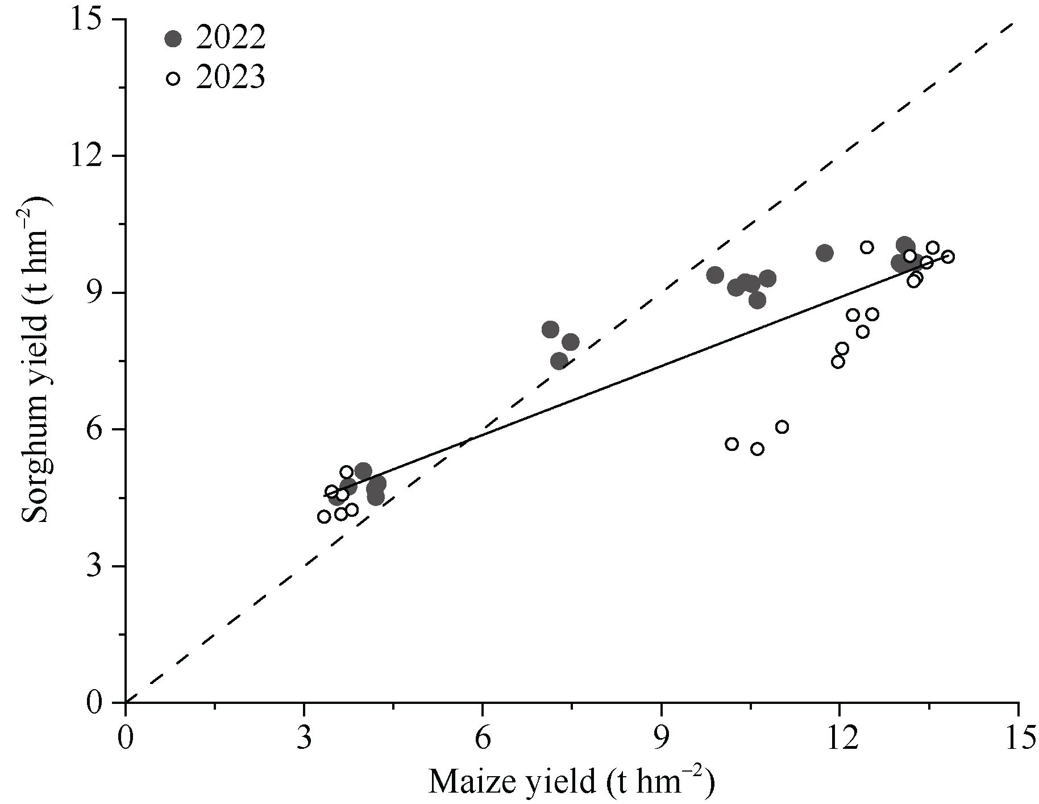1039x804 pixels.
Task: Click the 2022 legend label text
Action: (x=231, y=38)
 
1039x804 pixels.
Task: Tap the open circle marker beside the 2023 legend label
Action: (x=173, y=78)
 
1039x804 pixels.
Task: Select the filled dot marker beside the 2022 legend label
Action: (x=173, y=38)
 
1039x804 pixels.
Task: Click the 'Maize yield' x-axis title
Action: (x=571, y=782)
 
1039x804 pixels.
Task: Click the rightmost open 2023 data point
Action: (x=947, y=256)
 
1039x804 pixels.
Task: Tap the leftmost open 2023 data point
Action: (x=324, y=516)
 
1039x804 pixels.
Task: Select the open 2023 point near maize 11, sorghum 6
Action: (x=782, y=427)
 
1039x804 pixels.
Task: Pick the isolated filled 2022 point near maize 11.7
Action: (x=825, y=253)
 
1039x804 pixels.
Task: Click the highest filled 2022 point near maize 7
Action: (x=550, y=329)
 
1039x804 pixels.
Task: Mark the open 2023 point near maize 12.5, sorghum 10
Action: (x=867, y=247)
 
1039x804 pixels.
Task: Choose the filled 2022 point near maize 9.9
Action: (x=715, y=275)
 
